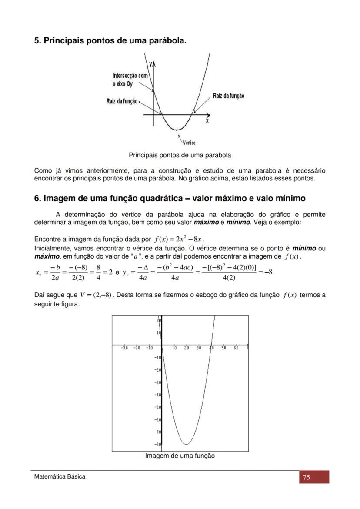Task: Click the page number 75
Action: (x=306, y=477)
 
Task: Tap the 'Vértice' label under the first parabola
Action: (x=189, y=143)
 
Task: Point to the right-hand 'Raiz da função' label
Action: (x=228, y=96)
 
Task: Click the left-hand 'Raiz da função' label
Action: (x=122, y=101)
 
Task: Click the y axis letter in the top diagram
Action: (x=150, y=63)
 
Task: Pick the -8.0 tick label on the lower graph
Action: (x=158, y=444)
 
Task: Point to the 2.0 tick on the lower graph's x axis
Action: (x=187, y=348)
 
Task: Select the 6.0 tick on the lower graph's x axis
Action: (x=236, y=348)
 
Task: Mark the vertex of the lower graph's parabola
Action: (x=187, y=444)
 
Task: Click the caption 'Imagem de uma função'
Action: (x=180, y=456)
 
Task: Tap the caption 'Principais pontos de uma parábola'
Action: (x=180, y=155)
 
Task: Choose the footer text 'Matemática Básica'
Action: (x=60, y=476)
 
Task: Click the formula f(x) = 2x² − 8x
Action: (x=179, y=239)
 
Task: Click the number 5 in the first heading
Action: (x=37, y=41)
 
